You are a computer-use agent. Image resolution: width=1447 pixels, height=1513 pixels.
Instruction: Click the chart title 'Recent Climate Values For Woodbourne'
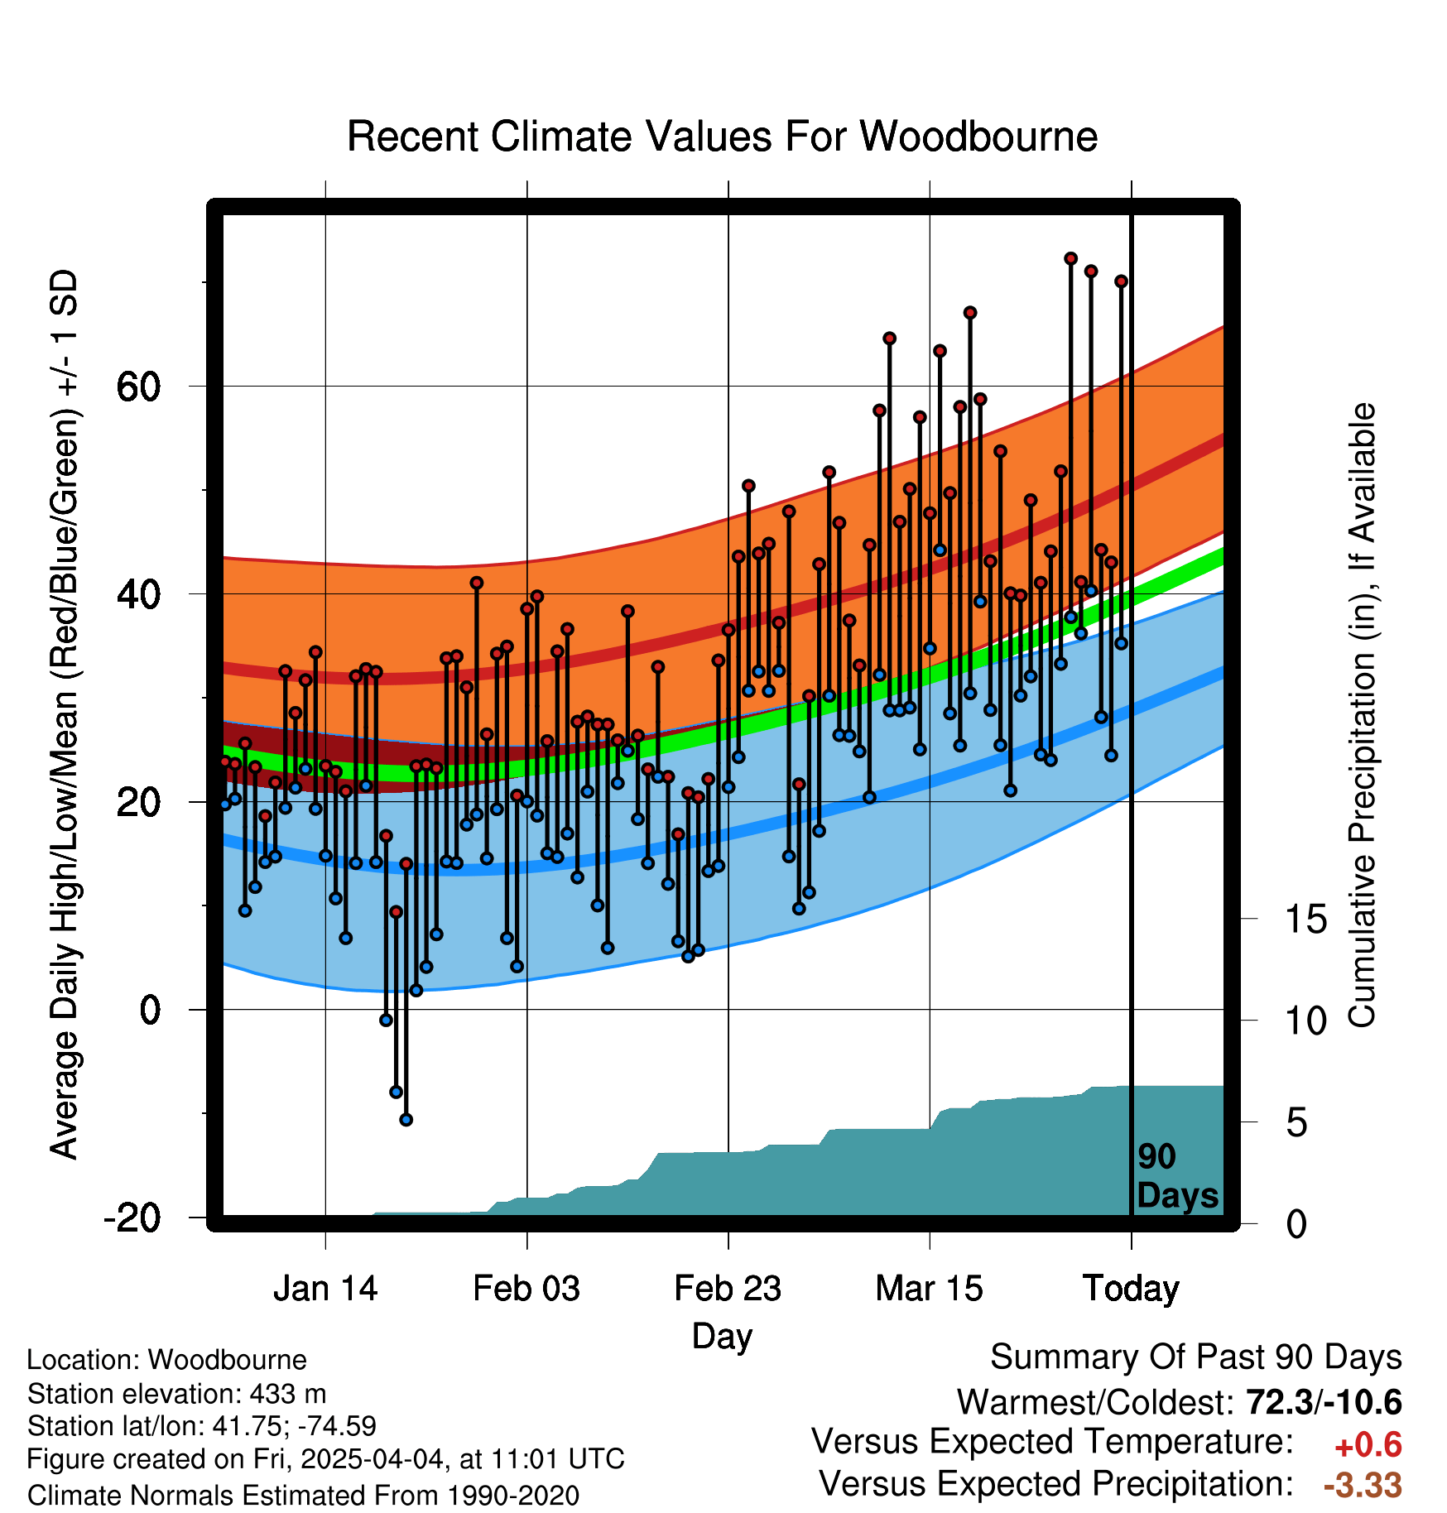722,137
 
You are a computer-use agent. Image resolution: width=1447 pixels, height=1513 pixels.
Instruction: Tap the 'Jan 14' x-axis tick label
325,1289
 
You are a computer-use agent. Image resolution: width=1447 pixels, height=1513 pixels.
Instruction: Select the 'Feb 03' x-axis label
526,1289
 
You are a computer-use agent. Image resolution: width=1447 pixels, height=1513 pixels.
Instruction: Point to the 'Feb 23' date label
728,1289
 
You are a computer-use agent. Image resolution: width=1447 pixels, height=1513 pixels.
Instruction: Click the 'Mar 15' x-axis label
929,1289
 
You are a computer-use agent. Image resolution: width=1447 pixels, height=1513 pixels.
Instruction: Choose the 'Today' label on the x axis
1131,1290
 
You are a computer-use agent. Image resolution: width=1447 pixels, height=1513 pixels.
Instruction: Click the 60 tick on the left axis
139,387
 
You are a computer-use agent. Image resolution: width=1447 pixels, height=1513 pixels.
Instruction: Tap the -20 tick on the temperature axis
132,1218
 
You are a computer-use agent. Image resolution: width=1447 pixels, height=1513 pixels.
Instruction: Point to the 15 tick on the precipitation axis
1306,920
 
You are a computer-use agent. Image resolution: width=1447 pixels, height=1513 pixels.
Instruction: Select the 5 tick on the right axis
1297,1123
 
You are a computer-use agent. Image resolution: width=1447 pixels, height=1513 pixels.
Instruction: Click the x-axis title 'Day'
722,1338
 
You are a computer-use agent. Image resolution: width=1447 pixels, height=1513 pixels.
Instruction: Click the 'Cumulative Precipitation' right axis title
1362,716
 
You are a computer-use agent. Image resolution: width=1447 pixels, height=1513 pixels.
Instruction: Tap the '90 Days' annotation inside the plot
1177,1176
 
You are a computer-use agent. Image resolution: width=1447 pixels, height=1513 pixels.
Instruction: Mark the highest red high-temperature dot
1070,259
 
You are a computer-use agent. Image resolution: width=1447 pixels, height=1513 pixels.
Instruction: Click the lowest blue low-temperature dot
406,1120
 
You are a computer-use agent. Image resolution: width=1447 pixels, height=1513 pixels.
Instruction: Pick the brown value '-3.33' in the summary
1363,1486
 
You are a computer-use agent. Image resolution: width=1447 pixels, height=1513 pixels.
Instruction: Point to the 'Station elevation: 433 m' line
176,1395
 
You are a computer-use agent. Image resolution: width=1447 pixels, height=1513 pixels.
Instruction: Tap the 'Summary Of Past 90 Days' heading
1196,1358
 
